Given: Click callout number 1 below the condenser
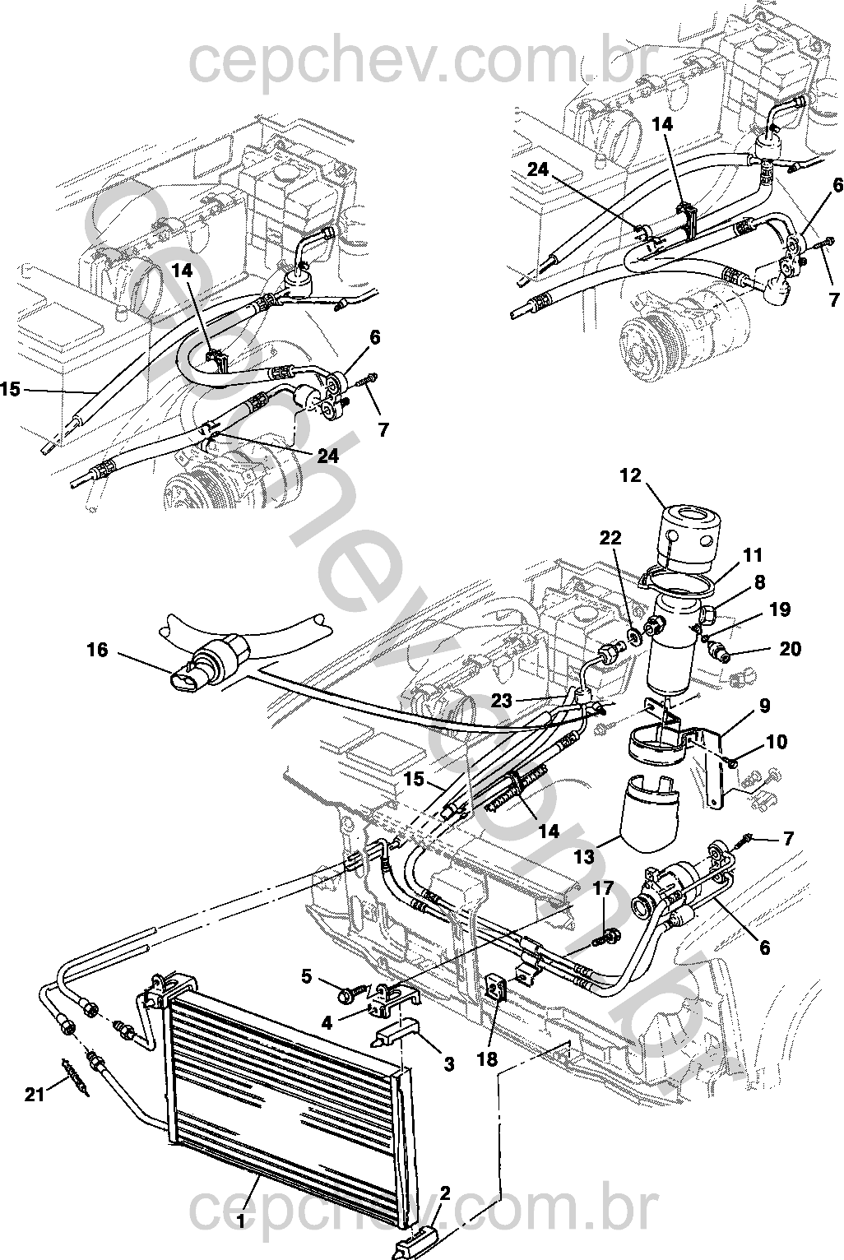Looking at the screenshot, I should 241,1223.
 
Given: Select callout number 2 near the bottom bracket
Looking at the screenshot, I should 445,1193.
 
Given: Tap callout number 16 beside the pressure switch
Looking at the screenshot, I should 97,651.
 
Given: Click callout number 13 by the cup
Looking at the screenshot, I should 584,856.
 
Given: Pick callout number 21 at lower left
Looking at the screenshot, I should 34,1094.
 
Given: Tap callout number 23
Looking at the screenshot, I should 502,701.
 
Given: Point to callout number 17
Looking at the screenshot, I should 603,888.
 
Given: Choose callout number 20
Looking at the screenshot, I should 790,649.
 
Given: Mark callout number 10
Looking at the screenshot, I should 775,743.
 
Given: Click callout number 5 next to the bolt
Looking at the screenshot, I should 306,976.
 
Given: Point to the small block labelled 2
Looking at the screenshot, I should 415,1234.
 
